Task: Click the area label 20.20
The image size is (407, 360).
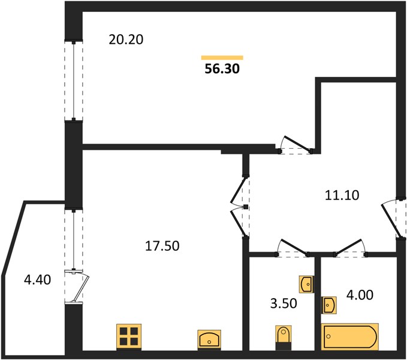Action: [x=126, y=40]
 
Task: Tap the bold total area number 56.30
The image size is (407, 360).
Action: [x=222, y=69]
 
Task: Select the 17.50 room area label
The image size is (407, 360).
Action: [x=162, y=246]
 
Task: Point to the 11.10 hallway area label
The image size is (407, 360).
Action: [x=342, y=195]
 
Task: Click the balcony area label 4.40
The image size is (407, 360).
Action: [x=37, y=280]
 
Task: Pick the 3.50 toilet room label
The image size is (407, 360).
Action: [x=284, y=304]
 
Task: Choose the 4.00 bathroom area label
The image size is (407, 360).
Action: [x=360, y=295]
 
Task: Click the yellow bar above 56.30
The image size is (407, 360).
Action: [x=222, y=58]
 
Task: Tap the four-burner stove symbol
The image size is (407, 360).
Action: [x=129, y=337]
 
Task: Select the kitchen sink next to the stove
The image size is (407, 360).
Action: [x=209, y=339]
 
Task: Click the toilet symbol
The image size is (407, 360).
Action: [x=283, y=337]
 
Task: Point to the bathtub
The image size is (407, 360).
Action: [x=350, y=337]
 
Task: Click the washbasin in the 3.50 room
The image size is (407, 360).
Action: [x=306, y=284]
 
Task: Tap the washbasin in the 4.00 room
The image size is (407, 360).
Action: [x=329, y=305]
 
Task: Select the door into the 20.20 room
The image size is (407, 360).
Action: [x=297, y=145]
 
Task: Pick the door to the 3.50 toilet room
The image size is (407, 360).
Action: [x=293, y=247]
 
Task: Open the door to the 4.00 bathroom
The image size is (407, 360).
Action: [x=350, y=247]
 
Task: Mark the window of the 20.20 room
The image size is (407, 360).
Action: [x=74, y=80]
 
